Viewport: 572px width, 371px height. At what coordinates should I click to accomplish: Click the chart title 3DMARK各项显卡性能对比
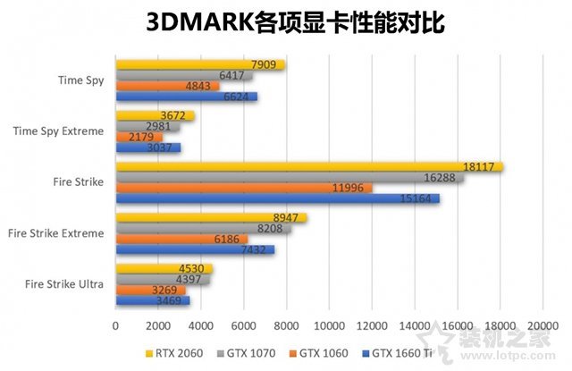point(286,22)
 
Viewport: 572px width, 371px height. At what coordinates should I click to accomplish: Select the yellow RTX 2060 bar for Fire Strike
point(308,166)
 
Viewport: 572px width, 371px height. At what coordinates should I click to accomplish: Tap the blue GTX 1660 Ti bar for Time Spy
point(186,97)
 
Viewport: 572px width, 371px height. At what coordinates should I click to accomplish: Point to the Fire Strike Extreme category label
point(55,233)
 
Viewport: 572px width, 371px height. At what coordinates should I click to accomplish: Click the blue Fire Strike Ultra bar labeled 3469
point(152,301)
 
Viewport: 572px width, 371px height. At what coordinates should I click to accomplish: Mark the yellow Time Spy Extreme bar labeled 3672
point(154,115)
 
